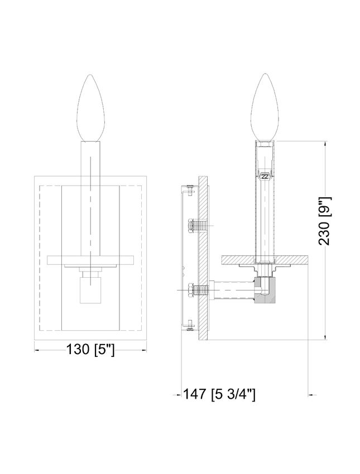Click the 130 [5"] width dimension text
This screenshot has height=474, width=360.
click(x=90, y=350)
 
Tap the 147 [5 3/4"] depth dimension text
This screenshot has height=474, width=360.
click(x=219, y=394)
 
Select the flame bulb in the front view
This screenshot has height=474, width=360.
click(x=90, y=108)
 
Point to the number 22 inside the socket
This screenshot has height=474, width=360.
click(x=265, y=177)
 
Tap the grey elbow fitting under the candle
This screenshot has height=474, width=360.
click(x=265, y=289)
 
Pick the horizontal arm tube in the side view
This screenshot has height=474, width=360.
click(x=233, y=290)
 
